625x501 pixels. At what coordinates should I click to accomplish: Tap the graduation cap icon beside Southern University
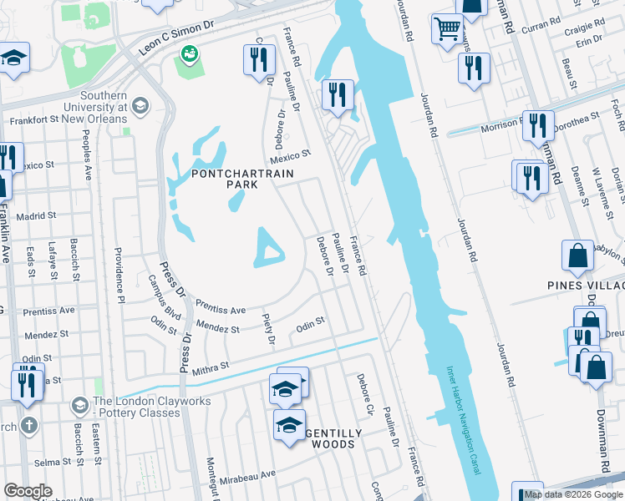140,106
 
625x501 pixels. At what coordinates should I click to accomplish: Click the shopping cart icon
447,28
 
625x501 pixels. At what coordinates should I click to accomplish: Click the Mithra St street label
211,366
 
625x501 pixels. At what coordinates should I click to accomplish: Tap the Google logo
28,491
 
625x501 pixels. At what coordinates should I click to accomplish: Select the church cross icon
29,424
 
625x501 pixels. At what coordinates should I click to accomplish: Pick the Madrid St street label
35,215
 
